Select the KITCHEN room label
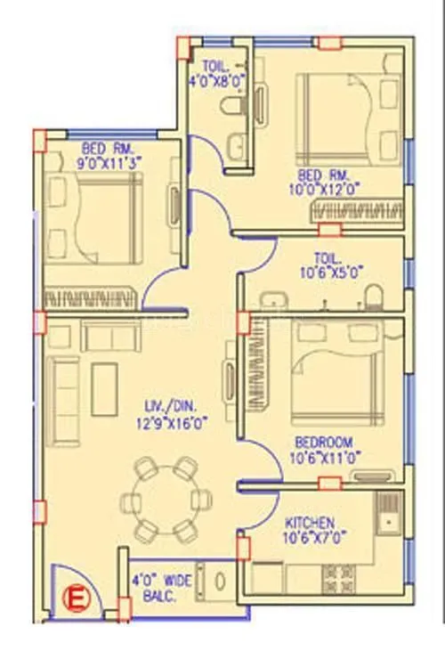point(310,522)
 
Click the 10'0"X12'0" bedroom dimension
point(330,189)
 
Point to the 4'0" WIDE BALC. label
point(163,588)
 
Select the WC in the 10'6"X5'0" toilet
point(377,295)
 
